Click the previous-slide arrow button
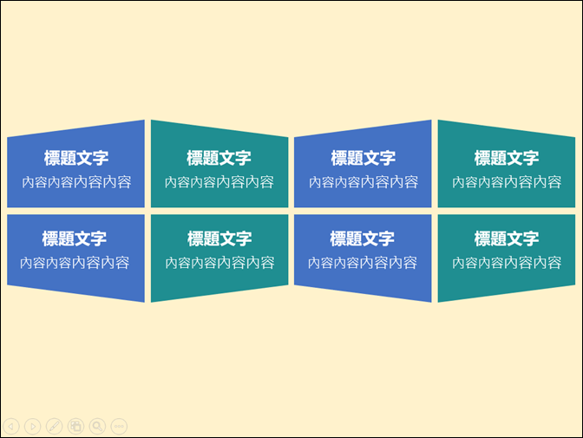11,426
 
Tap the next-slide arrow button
33,426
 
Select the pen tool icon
55,426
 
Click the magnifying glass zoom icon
97,426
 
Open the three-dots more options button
119,426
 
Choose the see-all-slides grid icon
75,426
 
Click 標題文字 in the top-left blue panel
76,158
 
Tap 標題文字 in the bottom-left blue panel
75,239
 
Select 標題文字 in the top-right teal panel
507,158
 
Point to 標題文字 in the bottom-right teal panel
507,239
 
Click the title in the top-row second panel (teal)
219,158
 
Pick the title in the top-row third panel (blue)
364,158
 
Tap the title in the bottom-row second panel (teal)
219,239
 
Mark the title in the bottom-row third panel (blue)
362,239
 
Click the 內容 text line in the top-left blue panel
76,182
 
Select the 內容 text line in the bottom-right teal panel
507,263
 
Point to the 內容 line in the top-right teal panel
507,182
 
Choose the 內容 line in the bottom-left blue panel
75,263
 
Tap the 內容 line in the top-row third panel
364,182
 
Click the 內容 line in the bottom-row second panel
219,263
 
